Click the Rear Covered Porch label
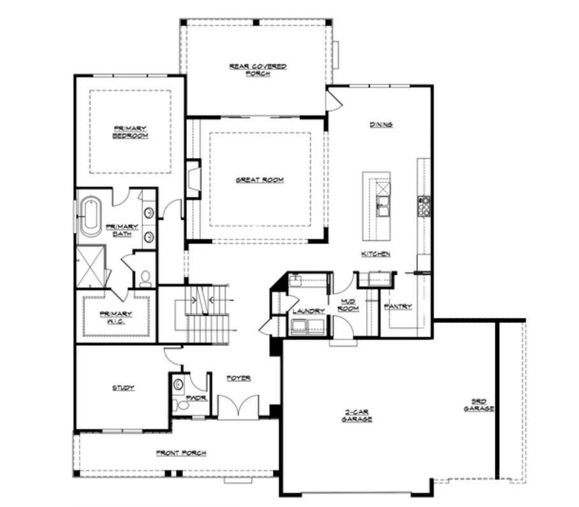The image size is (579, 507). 258,70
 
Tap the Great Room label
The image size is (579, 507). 260,180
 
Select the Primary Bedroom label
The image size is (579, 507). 130,132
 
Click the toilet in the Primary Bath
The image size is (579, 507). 145,279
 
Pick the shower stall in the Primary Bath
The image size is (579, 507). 91,266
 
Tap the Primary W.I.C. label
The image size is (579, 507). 116,317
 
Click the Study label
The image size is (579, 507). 123,388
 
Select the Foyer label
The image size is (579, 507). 238,378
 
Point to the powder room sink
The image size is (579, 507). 179,385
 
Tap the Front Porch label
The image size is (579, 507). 181,453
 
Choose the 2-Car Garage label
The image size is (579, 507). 356,416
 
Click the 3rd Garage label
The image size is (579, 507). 479,405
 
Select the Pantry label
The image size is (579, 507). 398,306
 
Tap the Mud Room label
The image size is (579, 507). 348,305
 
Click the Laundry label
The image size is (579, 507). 309,311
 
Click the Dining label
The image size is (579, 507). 381,125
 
